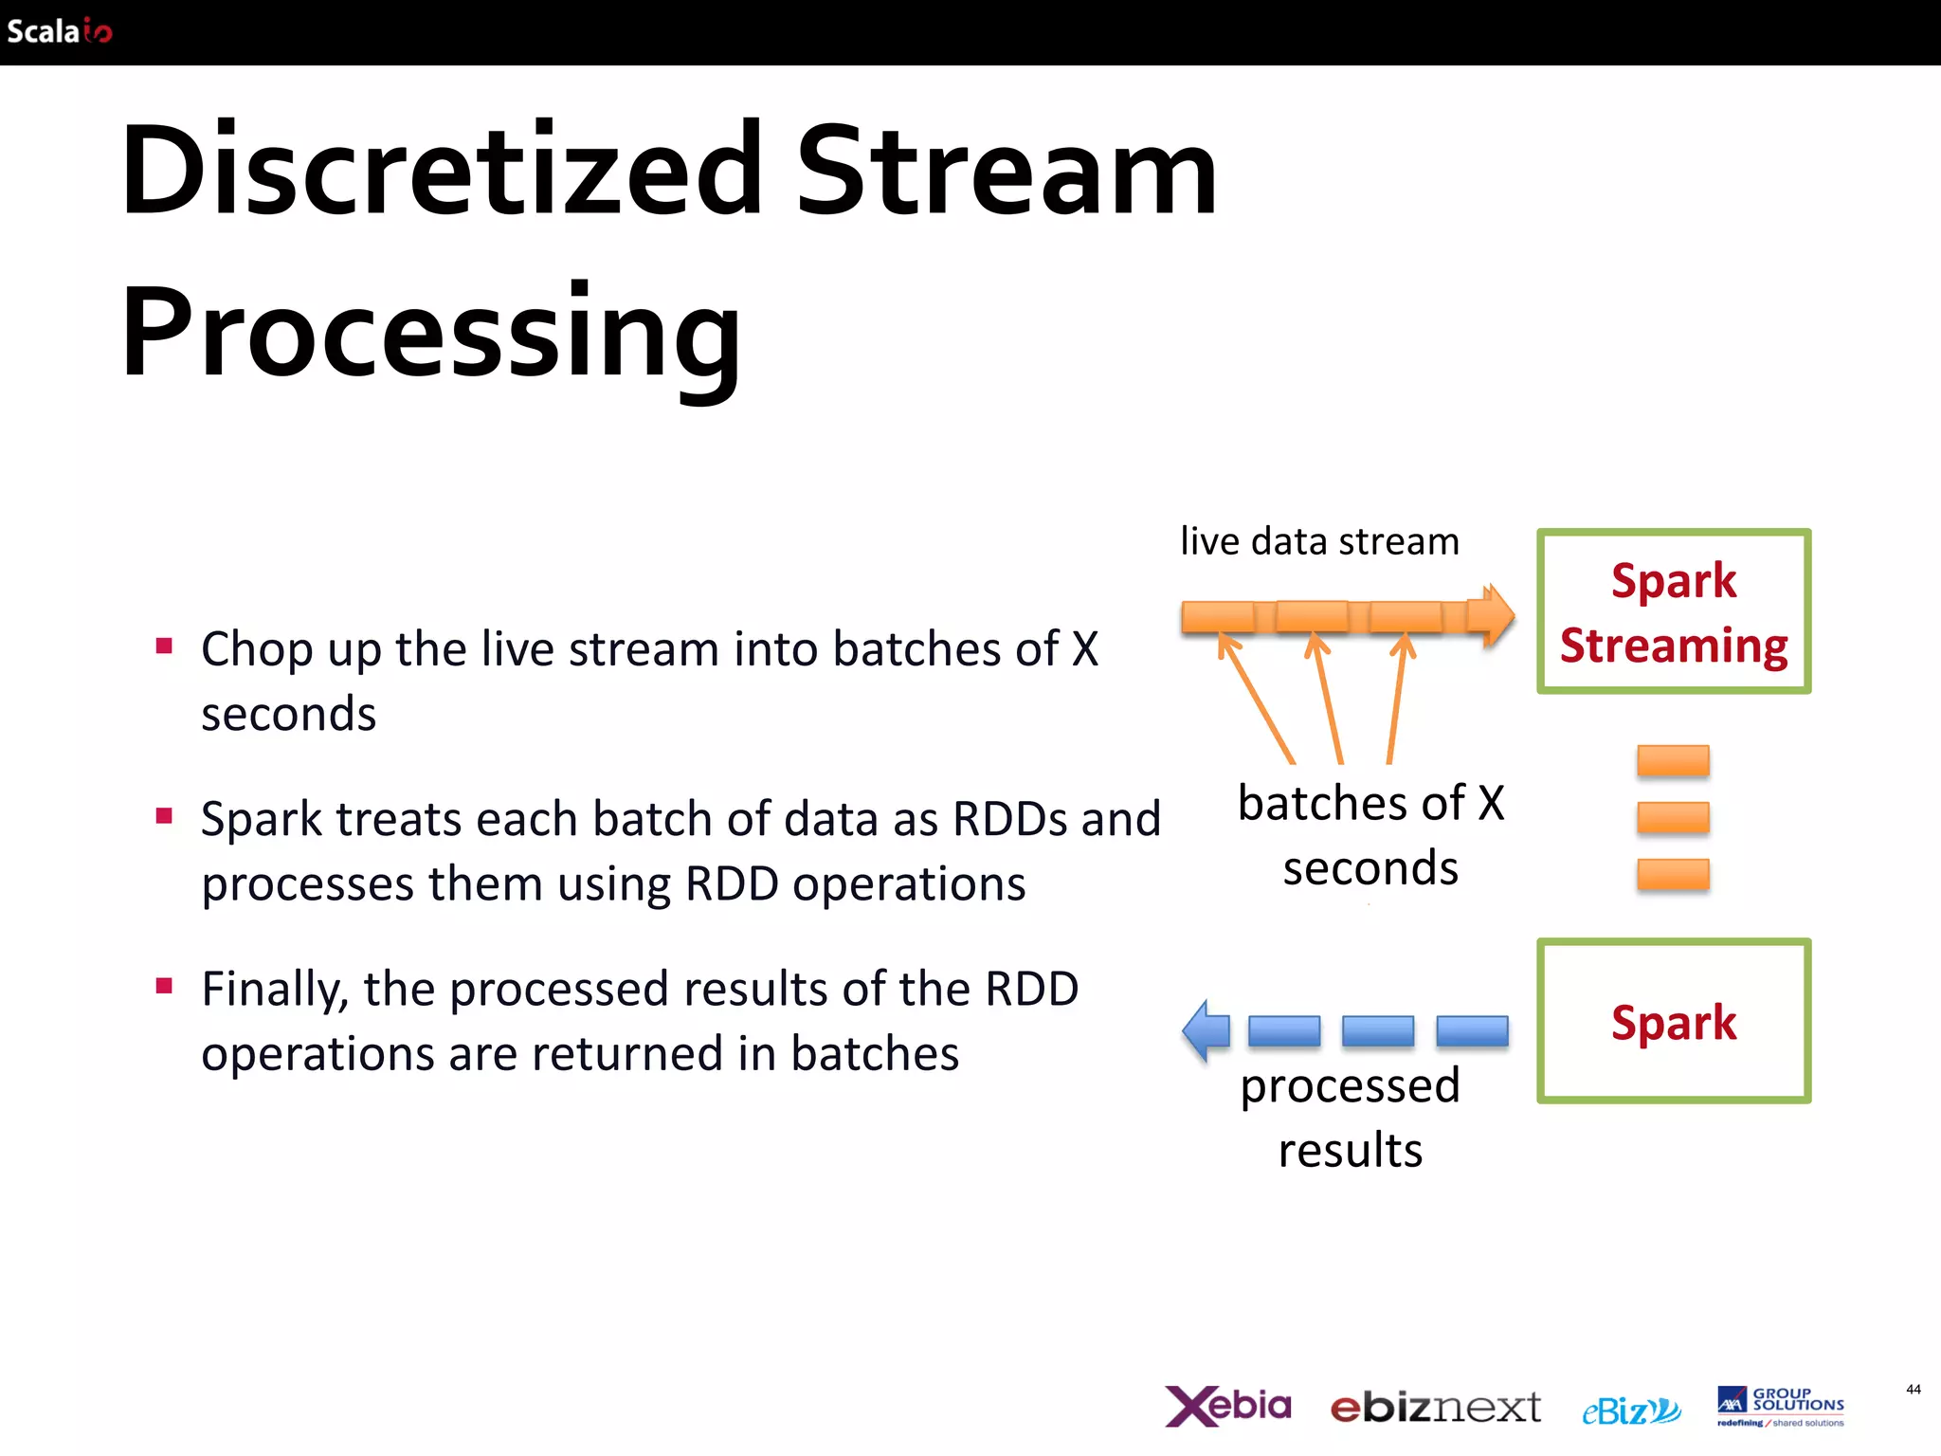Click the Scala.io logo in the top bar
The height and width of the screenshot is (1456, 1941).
coord(59,31)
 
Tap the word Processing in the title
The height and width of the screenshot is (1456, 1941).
coord(431,334)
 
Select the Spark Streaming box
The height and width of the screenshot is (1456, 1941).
coord(1673,611)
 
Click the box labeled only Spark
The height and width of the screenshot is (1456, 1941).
coord(1673,1022)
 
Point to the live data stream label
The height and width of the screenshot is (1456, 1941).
coord(1319,541)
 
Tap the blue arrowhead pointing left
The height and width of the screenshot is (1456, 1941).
coord(1206,1030)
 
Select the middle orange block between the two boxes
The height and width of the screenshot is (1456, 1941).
coord(1673,817)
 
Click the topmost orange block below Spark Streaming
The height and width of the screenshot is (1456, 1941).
coord(1673,761)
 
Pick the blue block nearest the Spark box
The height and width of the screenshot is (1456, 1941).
coord(1472,1030)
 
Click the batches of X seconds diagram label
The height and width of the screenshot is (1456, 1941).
coord(1370,835)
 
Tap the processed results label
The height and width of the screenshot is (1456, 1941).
coord(1351,1118)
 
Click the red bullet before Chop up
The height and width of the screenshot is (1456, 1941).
coord(165,646)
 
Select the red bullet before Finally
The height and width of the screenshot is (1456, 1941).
coord(165,986)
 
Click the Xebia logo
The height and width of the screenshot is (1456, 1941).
coord(1228,1406)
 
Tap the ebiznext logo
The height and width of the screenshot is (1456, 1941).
coord(1435,1408)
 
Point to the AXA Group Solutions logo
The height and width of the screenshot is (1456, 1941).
coord(1780,1407)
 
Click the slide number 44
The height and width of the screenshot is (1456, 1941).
coord(1913,1390)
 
